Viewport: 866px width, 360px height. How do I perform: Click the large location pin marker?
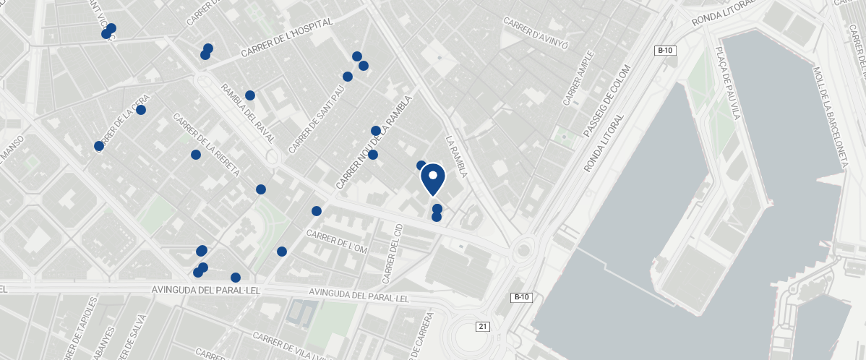pos(432,179)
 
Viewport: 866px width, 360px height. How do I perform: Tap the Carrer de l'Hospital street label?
pos(286,38)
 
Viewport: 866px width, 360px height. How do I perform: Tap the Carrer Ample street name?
pos(578,77)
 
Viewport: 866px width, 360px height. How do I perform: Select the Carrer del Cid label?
pos(392,253)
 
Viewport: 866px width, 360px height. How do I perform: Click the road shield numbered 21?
pos(483,327)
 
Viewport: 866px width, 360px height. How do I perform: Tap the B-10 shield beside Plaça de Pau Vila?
pos(665,51)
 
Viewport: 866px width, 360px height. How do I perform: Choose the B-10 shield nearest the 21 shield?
pos(521,298)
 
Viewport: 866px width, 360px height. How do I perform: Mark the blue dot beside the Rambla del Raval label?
pos(250,95)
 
